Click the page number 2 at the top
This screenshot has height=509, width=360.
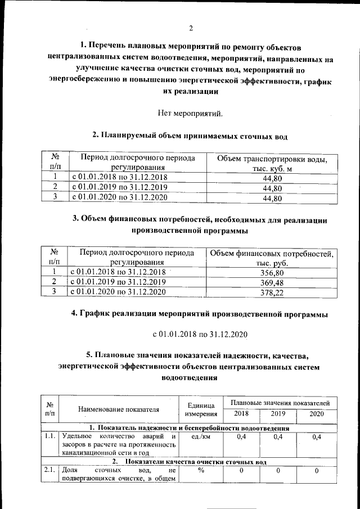point(191,28)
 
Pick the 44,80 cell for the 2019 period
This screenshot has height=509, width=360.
point(272,188)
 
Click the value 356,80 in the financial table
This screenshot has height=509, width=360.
point(272,272)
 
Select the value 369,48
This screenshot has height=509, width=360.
point(272,282)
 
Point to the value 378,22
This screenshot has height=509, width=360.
point(272,292)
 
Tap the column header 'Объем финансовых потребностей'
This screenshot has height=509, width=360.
point(272,258)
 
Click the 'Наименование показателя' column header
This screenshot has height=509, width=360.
point(118,409)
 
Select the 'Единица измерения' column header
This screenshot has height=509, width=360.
point(200,409)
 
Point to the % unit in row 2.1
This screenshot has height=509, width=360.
point(200,471)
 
